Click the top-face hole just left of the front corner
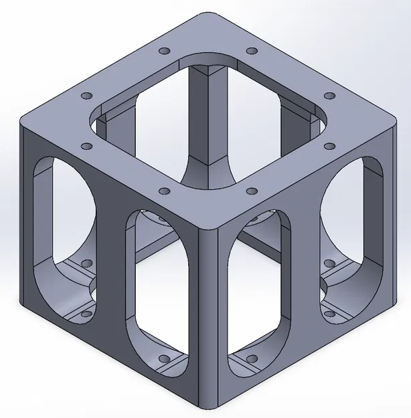click(163, 191)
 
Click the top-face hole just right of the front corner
click(250, 191)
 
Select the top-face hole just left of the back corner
click(163, 51)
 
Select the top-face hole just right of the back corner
click(251, 51)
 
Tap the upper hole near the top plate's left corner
click(86, 96)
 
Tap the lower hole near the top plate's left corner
click(86, 145)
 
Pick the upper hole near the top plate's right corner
click(329, 96)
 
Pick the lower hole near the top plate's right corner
click(329, 145)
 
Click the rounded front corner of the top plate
click(208, 227)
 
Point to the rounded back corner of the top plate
click(208, 16)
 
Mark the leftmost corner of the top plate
click(27, 121)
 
